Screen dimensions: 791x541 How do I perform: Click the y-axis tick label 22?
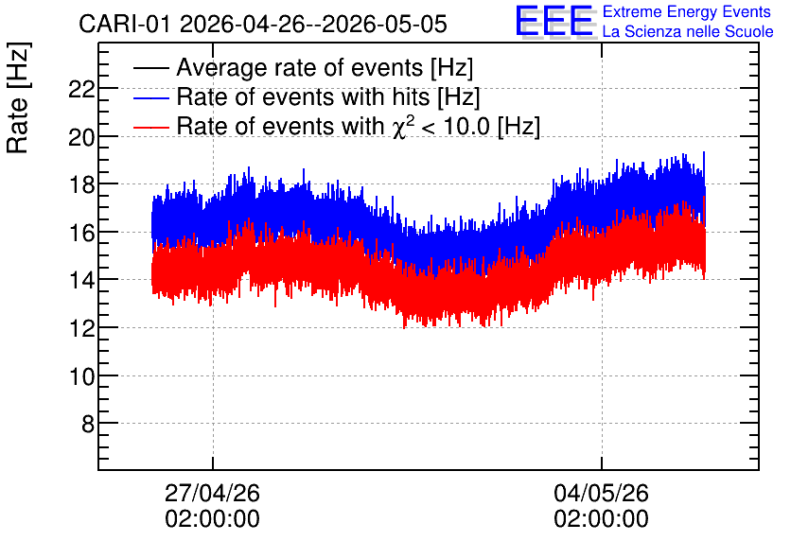tap(81, 89)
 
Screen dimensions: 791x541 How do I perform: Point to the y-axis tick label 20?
tap(81, 137)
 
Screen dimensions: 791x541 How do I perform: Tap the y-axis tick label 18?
tap(81, 185)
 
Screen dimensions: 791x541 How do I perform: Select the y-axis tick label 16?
tap(81, 233)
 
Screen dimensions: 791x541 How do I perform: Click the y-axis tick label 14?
tap(81, 280)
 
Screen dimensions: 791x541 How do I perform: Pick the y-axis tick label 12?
tap(81, 328)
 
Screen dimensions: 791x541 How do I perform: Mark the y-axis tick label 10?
tap(81, 376)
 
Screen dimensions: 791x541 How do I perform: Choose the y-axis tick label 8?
tap(88, 424)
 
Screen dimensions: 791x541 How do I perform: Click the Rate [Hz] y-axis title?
tap(18, 97)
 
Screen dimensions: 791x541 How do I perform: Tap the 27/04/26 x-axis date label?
tap(212, 493)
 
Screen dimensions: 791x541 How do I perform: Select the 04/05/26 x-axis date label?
tap(602, 493)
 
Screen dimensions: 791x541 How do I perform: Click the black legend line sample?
tap(150, 68)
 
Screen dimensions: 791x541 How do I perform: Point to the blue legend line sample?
tap(150, 97)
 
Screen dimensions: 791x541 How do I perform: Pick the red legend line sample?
tap(150, 127)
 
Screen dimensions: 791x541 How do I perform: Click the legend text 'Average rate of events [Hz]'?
tap(325, 68)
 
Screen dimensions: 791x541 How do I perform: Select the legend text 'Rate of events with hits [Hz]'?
tap(328, 97)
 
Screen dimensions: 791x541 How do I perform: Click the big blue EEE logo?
tap(554, 21)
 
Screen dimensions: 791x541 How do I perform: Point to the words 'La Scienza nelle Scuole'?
tap(688, 32)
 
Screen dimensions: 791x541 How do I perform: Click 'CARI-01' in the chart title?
tap(125, 24)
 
